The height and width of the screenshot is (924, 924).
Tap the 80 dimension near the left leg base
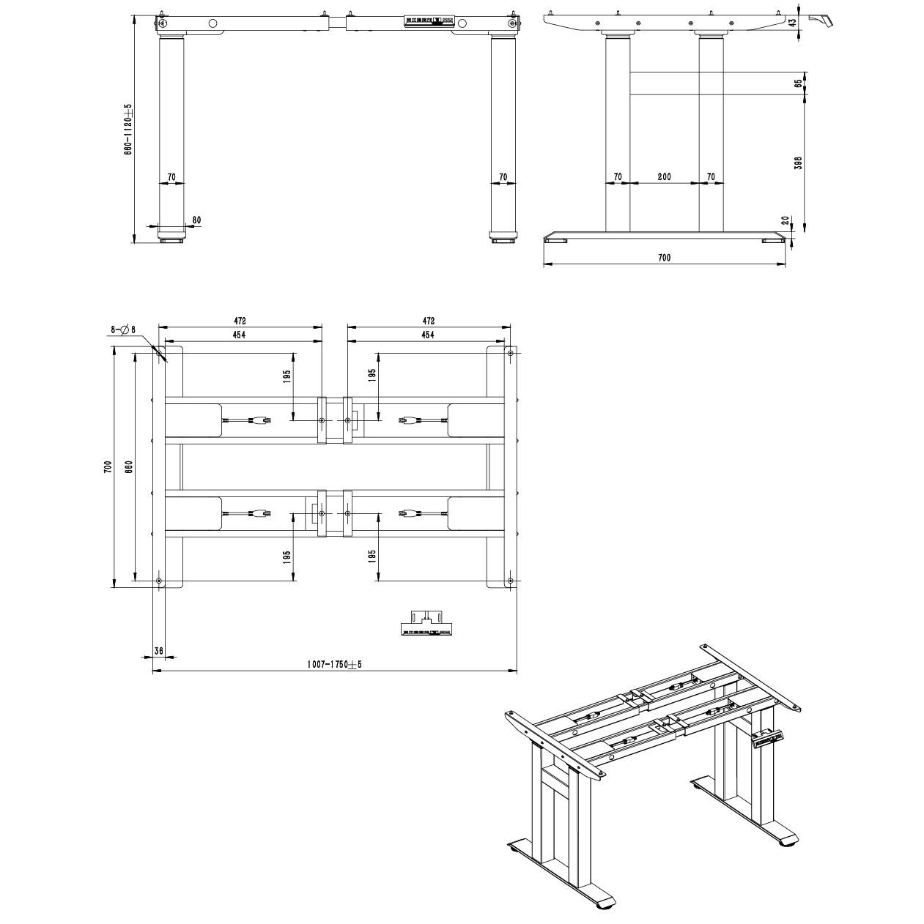pyautogui.click(x=196, y=220)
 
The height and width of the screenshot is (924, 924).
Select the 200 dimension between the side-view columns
pyautogui.click(x=664, y=177)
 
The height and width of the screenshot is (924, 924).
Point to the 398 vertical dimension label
pyautogui.click(x=799, y=163)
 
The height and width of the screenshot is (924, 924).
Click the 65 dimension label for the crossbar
pyautogui.click(x=798, y=83)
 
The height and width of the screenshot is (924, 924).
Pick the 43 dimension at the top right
pyautogui.click(x=792, y=23)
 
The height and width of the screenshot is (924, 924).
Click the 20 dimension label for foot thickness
pyautogui.click(x=785, y=220)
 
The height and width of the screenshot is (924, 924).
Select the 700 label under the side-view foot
pyautogui.click(x=664, y=258)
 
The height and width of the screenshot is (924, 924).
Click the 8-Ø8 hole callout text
pyautogui.click(x=123, y=330)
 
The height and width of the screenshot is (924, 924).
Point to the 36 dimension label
pyautogui.click(x=159, y=651)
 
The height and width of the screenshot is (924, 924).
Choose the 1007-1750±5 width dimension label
pyautogui.click(x=334, y=665)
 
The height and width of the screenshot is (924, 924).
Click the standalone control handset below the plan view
pyautogui.click(x=426, y=623)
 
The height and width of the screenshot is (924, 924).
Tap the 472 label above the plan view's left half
pyautogui.click(x=240, y=321)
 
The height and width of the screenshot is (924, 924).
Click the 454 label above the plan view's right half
pyautogui.click(x=428, y=335)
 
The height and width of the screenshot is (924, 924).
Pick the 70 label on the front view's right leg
pyautogui.click(x=503, y=177)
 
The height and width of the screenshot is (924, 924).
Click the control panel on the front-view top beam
pyautogui.click(x=429, y=22)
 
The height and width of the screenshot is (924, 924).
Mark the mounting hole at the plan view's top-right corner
pyautogui.click(x=510, y=354)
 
